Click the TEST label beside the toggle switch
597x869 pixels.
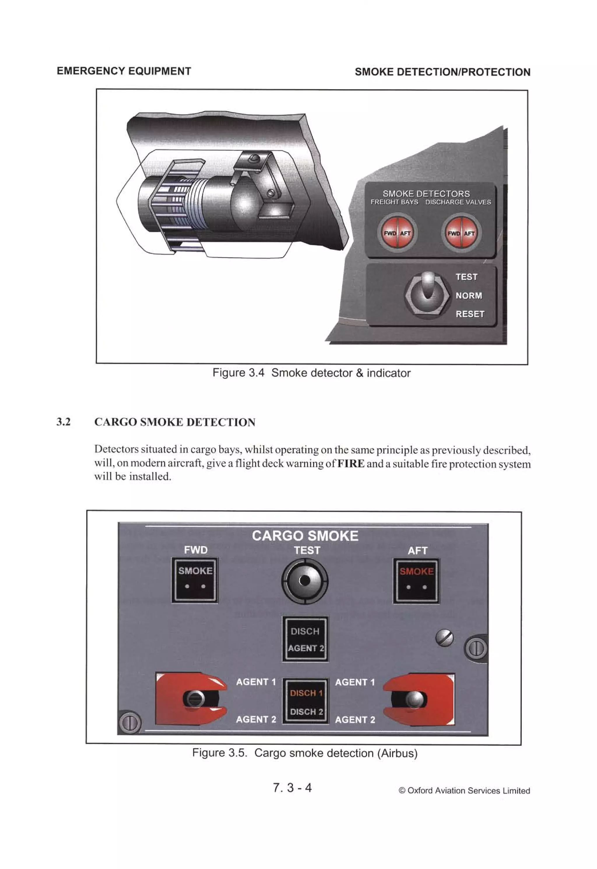tap(466, 277)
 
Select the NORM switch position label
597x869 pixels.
tap(468, 296)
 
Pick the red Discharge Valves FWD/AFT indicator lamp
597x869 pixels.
tap(461, 233)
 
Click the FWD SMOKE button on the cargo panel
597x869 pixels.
tap(194, 580)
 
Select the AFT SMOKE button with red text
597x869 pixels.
tap(416, 581)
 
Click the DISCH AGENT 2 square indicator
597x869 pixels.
tap(305, 639)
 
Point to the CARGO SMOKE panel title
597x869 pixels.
tap(305, 536)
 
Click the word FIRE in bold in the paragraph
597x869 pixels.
tap(350, 464)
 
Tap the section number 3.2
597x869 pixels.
tap(64, 422)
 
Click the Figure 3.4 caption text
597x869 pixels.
tap(311, 373)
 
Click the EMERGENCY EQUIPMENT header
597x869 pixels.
tap(124, 71)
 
